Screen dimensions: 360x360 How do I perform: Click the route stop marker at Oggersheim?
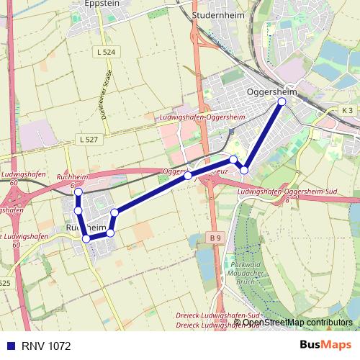tap(282, 102)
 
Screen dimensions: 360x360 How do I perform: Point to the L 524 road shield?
tap(104, 53)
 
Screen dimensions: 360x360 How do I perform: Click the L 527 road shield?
tap(88, 139)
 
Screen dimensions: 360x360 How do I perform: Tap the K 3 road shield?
tap(348, 110)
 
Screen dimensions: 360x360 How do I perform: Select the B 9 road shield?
tap(215, 237)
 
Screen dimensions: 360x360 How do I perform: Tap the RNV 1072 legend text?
tap(46, 346)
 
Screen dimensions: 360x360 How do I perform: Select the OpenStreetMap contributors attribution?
tap(298, 322)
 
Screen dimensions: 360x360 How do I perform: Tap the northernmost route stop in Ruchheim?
tap(78, 193)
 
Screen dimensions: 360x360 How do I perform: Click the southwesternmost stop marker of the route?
tap(86, 238)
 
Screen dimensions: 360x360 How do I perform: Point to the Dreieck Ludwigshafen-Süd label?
tap(217, 316)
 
